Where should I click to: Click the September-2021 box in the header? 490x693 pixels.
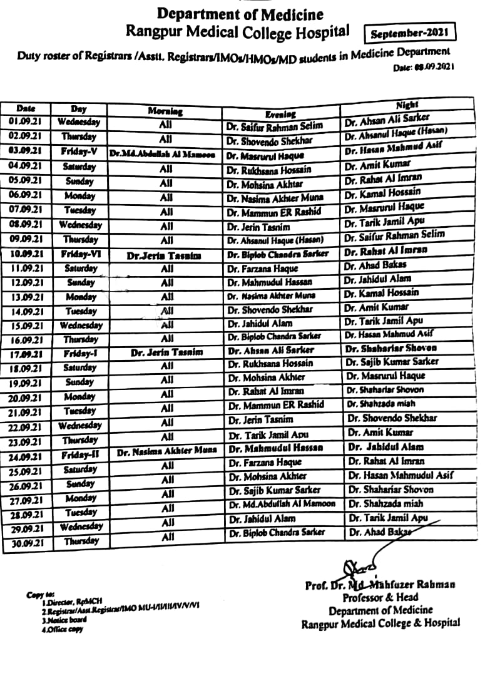(x=410, y=32)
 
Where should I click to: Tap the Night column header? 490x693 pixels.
(x=407, y=105)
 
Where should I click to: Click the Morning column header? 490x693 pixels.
(x=165, y=111)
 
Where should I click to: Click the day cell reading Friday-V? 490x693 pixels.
(x=78, y=151)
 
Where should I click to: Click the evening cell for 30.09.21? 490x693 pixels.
(x=277, y=532)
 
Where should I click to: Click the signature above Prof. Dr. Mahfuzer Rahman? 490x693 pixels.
(x=363, y=563)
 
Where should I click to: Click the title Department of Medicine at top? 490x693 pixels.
(x=240, y=14)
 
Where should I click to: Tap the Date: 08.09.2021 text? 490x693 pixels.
(x=423, y=66)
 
